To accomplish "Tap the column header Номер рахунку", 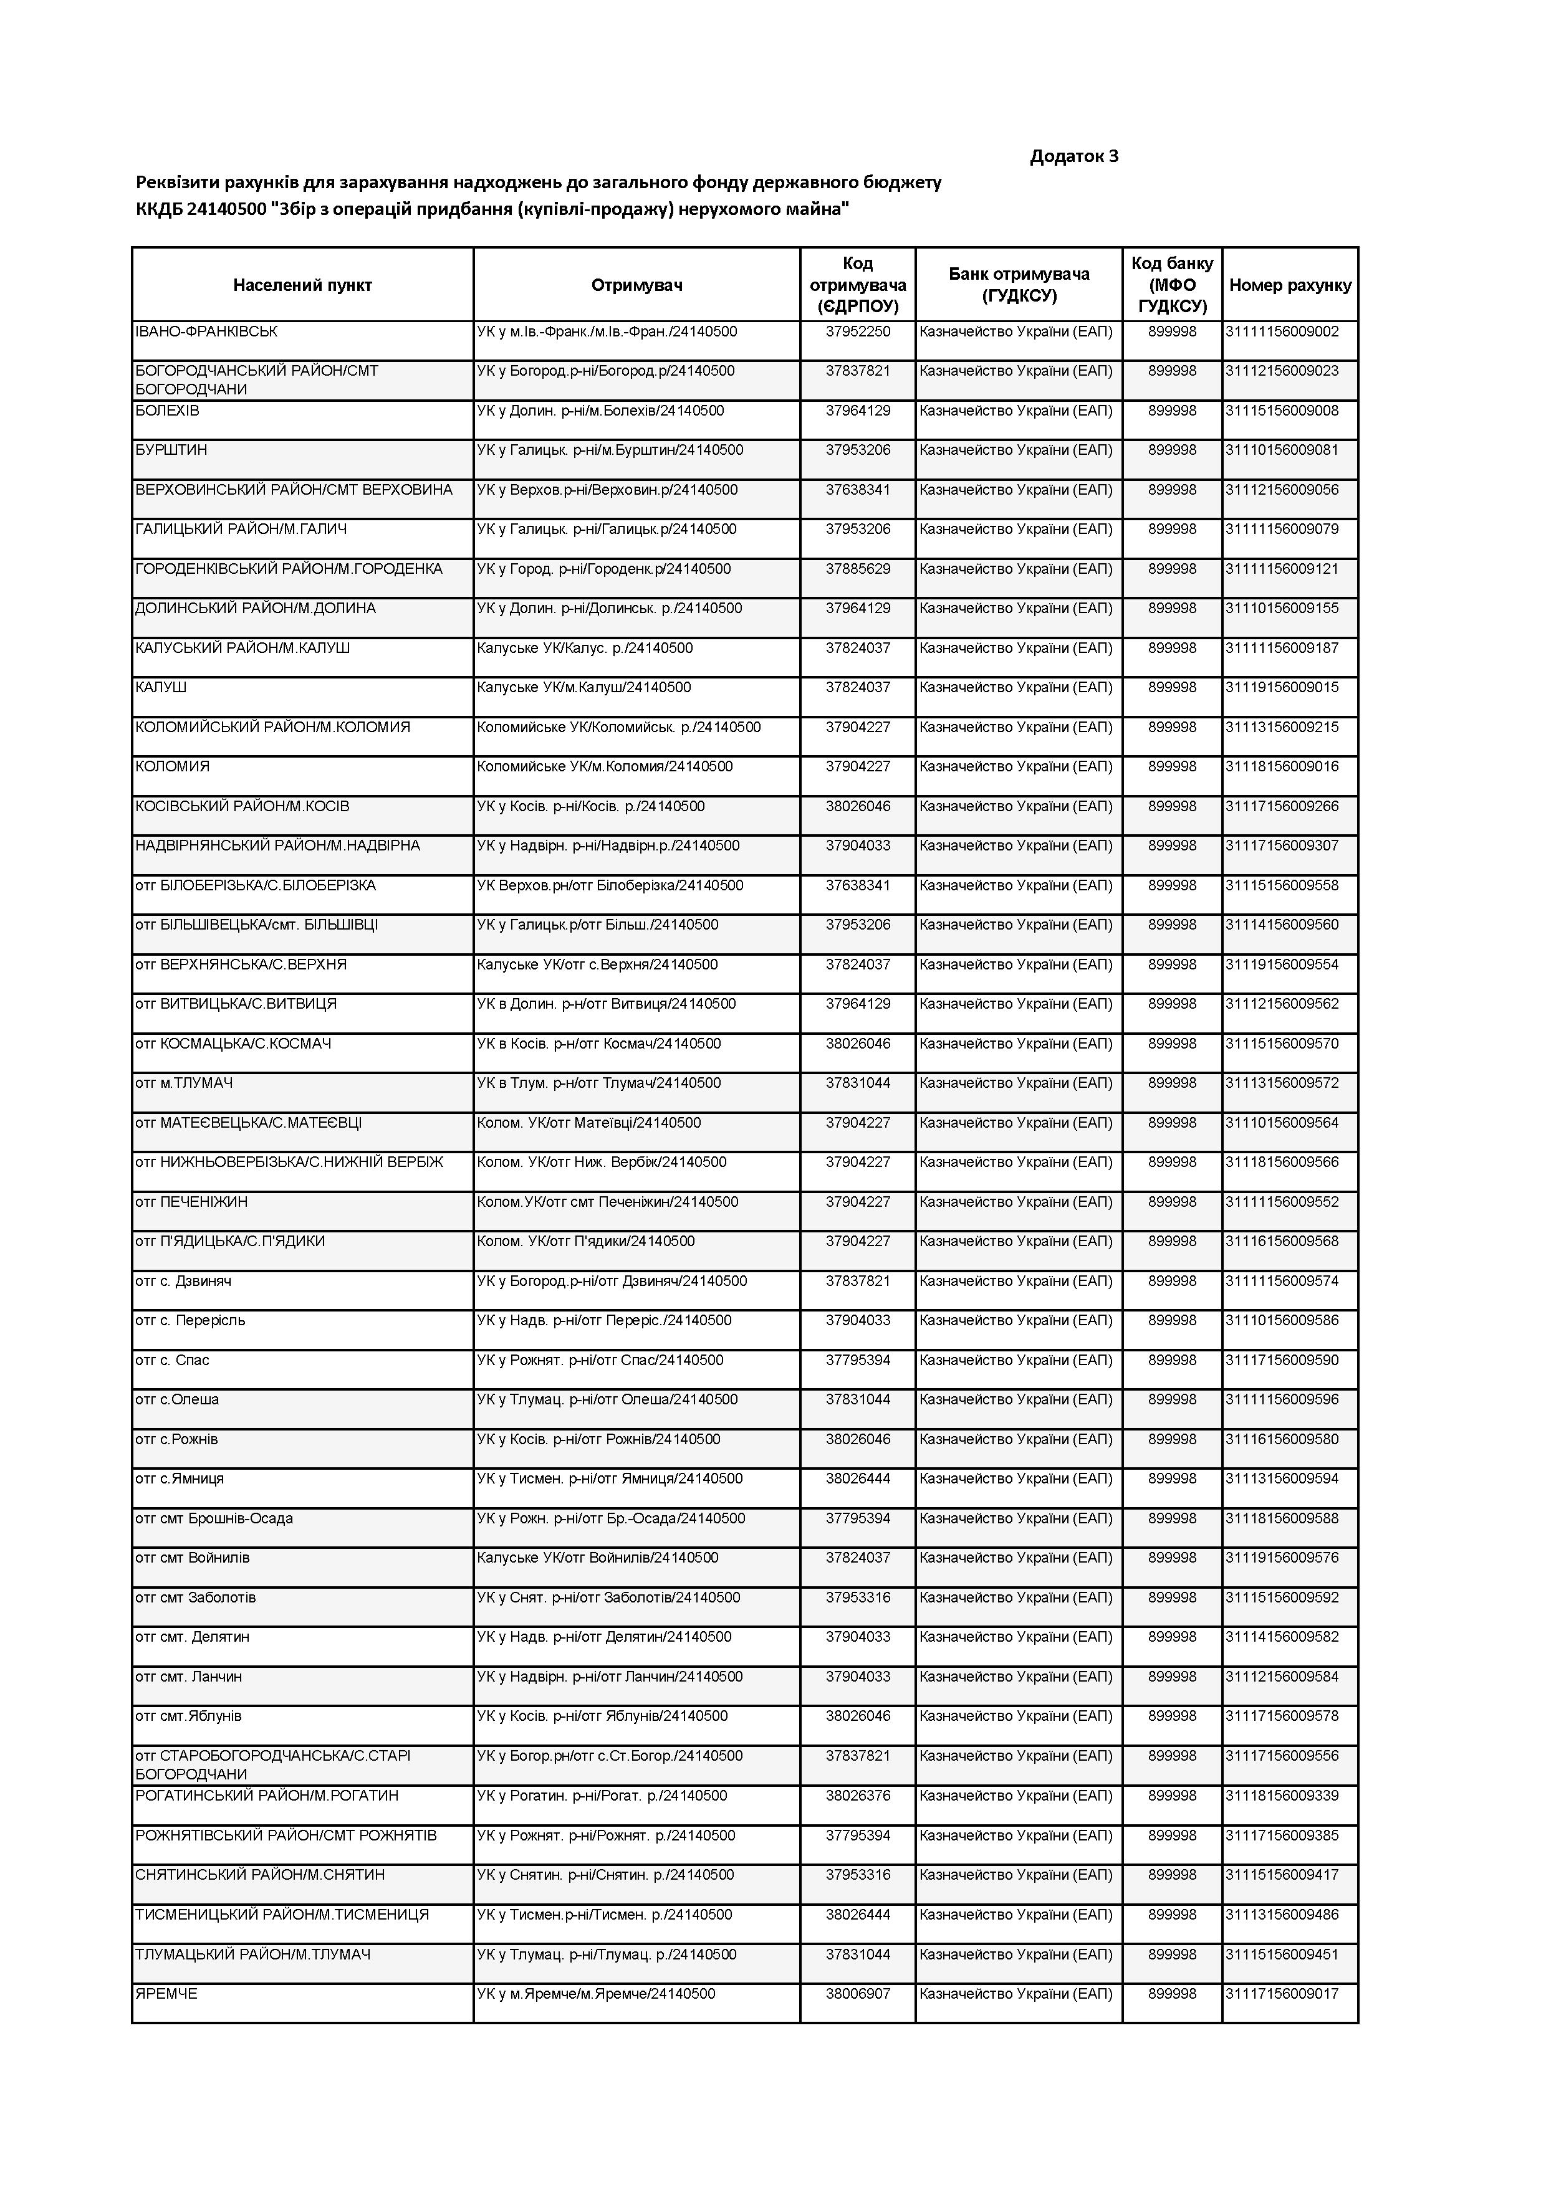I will point(1289,285).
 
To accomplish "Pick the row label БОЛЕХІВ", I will point(168,411).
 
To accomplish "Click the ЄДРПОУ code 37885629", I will point(858,569).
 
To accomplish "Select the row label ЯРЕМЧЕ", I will point(166,1994).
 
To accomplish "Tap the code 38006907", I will point(858,1994).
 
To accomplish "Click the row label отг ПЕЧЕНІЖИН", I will point(191,1202).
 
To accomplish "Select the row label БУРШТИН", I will point(171,450).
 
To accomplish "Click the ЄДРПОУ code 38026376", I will point(858,1796).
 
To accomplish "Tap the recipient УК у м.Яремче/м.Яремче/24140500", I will point(596,1994).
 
